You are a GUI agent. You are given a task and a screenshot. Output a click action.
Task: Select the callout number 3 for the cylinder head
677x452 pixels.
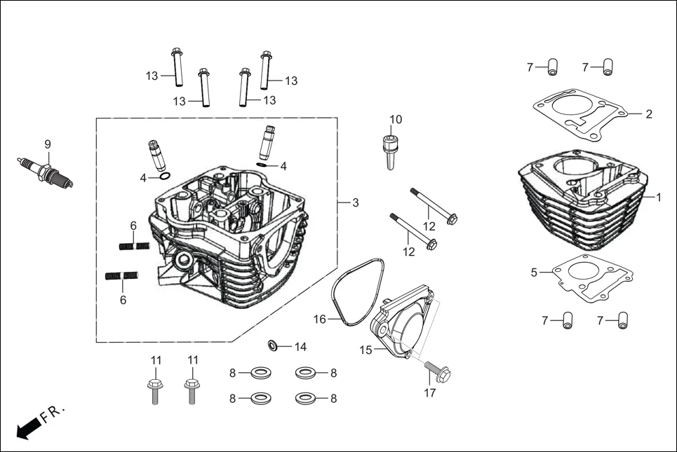(356, 203)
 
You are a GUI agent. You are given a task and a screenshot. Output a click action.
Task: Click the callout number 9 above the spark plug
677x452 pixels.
(48, 144)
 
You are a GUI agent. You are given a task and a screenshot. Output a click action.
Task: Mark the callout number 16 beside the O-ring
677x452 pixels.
(319, 320)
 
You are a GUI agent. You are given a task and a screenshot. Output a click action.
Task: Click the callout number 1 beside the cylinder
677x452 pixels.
(659, 198)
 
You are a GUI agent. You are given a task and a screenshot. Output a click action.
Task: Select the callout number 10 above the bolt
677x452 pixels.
(396, 119)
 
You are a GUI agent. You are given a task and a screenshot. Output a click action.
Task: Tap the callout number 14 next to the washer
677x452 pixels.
(300, 347)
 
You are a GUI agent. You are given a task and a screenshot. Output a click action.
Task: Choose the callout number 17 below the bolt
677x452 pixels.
(429, 394)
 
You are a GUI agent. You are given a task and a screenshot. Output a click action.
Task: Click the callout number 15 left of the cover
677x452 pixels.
(366, 349)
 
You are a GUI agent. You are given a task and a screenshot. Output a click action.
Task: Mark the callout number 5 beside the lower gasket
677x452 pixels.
(534, 272)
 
